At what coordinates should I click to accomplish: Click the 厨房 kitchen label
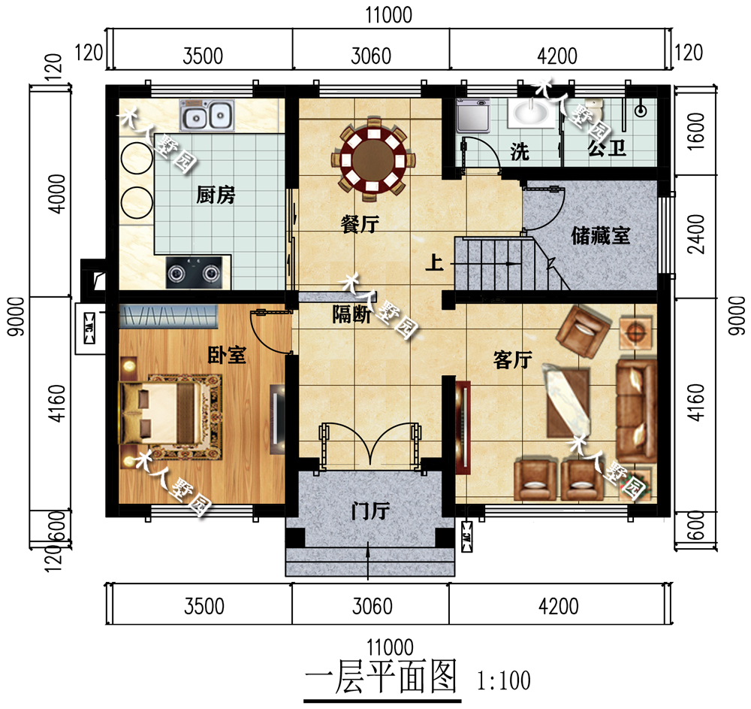216,196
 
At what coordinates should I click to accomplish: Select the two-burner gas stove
194,274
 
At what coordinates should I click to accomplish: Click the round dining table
373,160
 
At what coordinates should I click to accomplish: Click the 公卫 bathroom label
607,149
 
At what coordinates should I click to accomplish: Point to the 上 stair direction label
433,263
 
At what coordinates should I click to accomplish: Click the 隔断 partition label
351,316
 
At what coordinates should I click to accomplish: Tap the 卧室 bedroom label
226,355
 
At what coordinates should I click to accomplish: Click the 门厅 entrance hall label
369,513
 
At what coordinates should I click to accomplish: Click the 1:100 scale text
504,681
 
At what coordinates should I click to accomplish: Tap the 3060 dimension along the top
370,56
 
